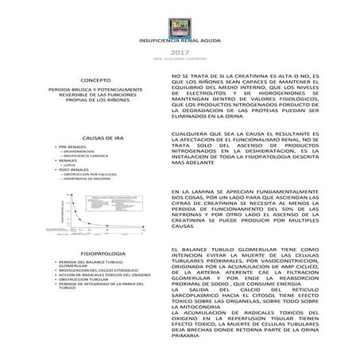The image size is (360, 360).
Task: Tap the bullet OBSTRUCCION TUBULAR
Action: pos(106,279)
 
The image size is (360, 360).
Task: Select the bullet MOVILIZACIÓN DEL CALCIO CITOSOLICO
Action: pos(113,269)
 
